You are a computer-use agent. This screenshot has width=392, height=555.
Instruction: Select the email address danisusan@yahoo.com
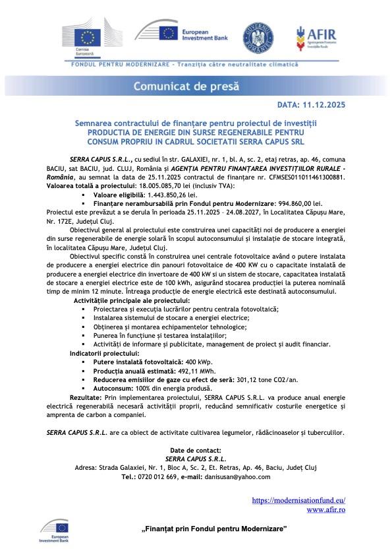click(x=237, y=476)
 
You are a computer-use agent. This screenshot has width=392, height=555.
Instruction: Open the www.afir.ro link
click(x=326, y=509)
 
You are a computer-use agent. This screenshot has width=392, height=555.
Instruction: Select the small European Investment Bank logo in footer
click(x=54, y=530)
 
